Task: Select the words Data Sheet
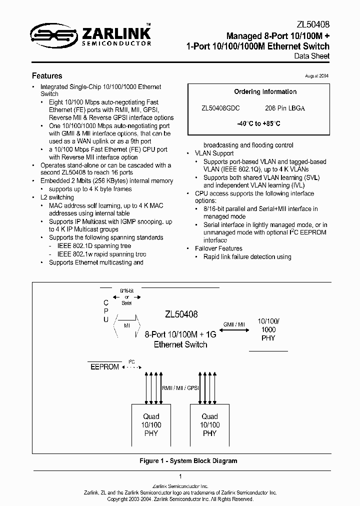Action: pyautogui.click(x=312, y=56)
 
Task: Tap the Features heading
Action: pyautogui.click(x=47, y=76)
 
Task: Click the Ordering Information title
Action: pyautogui.click(x=265, y=92)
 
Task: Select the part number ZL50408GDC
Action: pyautogui.click(x=220, y=108)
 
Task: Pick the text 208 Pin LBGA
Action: pyautogui.click(x=285, y=108)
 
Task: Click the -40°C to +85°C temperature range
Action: pyautogui.click(x=258, y=123)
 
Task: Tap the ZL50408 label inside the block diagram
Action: pyautogui.click(x=181, y=314)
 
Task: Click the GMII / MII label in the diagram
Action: pyautogui.click(x=234, y=324)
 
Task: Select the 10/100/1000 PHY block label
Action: pyautogui.click(x=268, y=329)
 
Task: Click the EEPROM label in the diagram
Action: pyautogui.click(x=104, y=366)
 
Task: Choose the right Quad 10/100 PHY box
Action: pyautogui.click(x=209, y=424)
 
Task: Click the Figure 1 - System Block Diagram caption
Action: pyautogui.click(x=188, y=461)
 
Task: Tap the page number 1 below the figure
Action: pyautogui.click(x=180, y=476)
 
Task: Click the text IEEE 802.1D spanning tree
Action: pyautogui.click(x=94, y=246)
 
